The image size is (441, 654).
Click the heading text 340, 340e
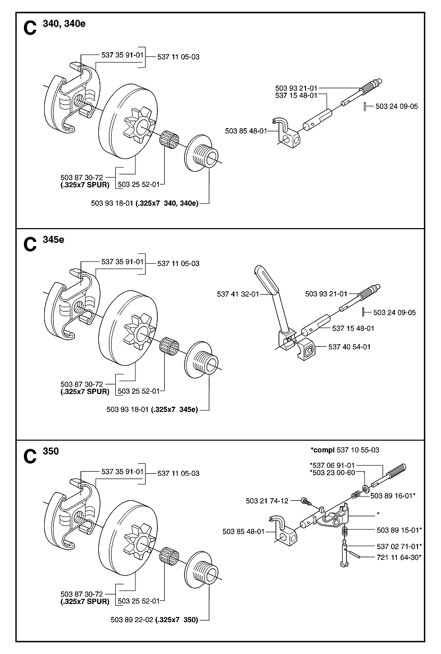[x=64, y=23]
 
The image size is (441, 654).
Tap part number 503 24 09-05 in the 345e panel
[x=394, y=313]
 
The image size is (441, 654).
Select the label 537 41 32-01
[x=238, y=294]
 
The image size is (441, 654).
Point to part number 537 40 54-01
[x=349, y=347]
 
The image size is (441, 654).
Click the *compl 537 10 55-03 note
[x=345, y=450]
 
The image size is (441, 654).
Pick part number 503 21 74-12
[x=267, y=501]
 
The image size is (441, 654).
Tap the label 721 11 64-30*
[x=399, y=558]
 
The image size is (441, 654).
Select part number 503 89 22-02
[x=132, y=619]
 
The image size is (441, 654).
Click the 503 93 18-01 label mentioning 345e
[x=152, y=409]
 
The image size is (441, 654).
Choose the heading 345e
[x=53, y=239]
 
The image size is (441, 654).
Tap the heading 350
[x=51, y=451]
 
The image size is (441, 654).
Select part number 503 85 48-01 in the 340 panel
[x=246, y=131]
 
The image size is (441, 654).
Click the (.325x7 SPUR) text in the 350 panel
[x=85, y=601]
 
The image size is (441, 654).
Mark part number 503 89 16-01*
[x=393, y=496]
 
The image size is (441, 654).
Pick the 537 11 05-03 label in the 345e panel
[x=178, y=264]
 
